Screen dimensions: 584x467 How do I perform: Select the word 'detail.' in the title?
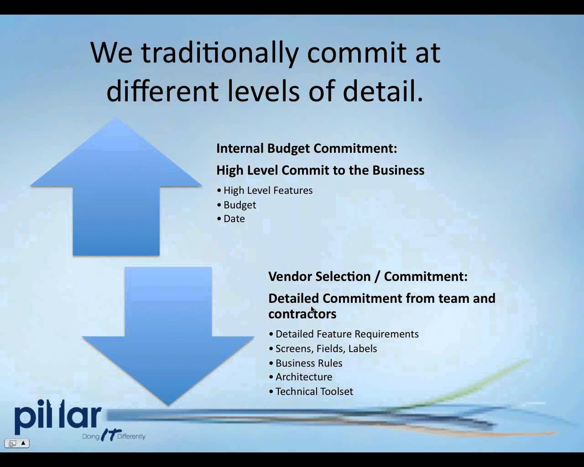click(x=383, y=90)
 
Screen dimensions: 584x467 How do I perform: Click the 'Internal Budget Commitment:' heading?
click(x=307, y=148)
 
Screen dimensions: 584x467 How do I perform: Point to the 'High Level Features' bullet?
click(x=265, y=190)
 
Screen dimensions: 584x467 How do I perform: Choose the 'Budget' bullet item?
click(x=237, y=205)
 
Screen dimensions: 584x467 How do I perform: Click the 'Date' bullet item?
click(x=231, y=219)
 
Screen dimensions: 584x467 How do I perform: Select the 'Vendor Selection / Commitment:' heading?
click(x=368, y=276)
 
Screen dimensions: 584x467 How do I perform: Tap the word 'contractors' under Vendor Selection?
click(x=302, y=314)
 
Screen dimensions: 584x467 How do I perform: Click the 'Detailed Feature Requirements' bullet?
click(x=344, y=334)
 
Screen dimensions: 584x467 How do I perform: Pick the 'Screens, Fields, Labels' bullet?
click(x=323, y=349)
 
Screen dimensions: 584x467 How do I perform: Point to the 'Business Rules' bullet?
click(x=306, y=363)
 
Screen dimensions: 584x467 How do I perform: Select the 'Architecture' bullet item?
click(x=301, y=377)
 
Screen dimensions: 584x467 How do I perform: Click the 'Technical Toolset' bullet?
click(x=311, y=392)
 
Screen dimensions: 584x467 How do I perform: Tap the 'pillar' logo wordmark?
click(x=58, y=417)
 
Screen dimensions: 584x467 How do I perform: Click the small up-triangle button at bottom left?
click(x=23, y=443)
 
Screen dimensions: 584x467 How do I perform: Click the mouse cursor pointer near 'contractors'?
click(x=313, y=310)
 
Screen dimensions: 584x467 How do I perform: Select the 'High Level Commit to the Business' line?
click(x=320, y=171)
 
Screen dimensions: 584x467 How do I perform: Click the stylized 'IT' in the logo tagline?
click(x=111, y=435)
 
